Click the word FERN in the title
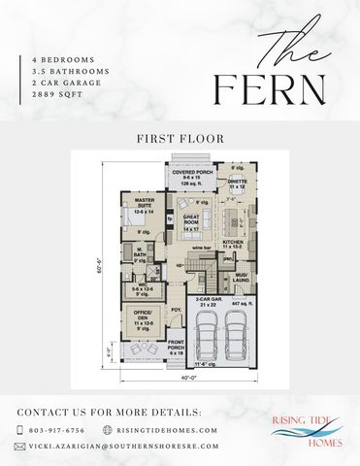(x=270, y=89)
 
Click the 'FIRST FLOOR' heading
(x=180, y=139)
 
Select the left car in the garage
(x=207, y=337)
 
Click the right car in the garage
(x=239, y=337)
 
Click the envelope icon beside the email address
(x=19, y=447)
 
